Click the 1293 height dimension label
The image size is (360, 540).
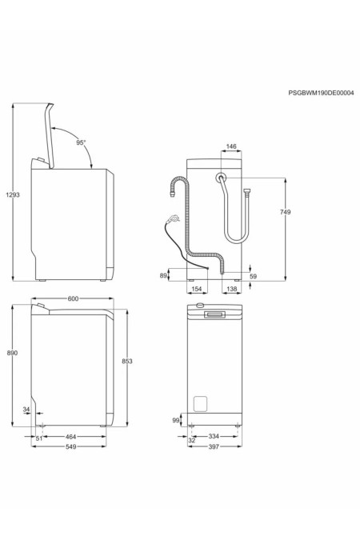click(x=12, y=194)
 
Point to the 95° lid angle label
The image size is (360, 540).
click(x=81, y=142)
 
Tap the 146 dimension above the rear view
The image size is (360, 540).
click(x=231, y=147)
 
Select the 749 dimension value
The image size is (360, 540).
click(x=286, y=211)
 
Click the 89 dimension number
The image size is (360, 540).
click(x=163, y=275)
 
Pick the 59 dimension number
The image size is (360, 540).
click(x=253, y=277)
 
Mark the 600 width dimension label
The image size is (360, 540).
click(x=73, y=299)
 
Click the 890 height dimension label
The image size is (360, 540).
click(x=12, y=353)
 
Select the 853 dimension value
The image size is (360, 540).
click(x=126, y=362)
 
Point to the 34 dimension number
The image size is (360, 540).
click(x=26, y=411)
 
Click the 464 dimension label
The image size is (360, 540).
click(x=71, y=438)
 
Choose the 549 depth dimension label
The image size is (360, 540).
click(x=71, y=447)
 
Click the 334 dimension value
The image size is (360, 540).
click(x=214, y=438)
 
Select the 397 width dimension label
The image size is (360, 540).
click(x=213, y=447)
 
